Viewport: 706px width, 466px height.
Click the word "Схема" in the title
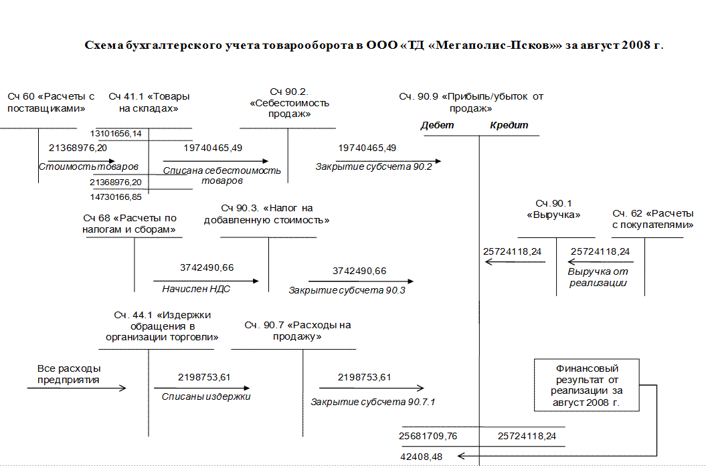(104, 45)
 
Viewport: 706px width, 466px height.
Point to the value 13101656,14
(116, 134)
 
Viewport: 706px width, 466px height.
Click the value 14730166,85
(116, 197)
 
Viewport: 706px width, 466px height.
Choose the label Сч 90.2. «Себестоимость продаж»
(289, 102)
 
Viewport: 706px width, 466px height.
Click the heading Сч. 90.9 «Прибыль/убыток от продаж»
(471, 102)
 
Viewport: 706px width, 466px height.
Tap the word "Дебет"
(437, 125)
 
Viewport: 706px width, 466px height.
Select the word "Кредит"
(509, 125)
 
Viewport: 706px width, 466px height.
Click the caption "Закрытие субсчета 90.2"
(374, 166)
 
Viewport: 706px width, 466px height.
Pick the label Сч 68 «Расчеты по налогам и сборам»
(130, 224)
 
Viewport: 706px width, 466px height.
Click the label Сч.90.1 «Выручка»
(554, 209)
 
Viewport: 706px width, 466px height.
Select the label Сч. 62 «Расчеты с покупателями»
(652, 219)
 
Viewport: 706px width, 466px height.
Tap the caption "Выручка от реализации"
(598, 277)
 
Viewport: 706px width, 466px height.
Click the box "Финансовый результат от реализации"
(586, 386)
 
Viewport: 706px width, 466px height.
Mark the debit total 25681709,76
(428, 436)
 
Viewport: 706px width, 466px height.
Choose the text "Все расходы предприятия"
(69, 374)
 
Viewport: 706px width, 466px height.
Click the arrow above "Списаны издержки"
(202, 388)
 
